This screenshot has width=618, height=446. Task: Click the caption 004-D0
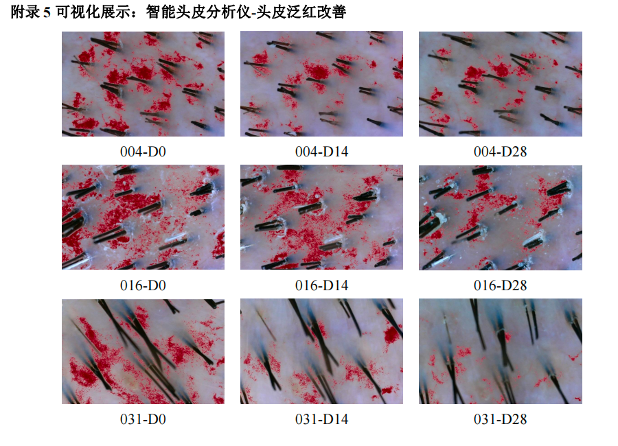pos(143,152)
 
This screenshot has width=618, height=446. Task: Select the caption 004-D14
pos(321,152)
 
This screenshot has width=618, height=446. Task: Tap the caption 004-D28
pos(500,152)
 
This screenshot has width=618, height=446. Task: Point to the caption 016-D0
pos(143,285)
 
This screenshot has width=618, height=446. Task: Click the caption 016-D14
pos(321,285)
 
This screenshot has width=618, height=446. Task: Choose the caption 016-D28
pos(500,285)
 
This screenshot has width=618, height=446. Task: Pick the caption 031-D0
pos(143,419)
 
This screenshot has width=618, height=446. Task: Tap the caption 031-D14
pos(321,419)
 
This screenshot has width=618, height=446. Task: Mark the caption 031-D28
pos(500,419)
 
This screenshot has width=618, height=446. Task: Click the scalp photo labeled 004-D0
pos(143,84)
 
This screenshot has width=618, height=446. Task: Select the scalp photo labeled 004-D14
pos(321,84)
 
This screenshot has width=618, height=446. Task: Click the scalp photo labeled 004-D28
pos(501,84)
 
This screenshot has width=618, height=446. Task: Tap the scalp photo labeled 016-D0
pos(143,218)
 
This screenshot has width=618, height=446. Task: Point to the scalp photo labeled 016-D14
pos(321,218)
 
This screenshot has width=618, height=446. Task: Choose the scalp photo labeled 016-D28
pos(501,218)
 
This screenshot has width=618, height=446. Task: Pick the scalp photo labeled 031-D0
pos(143,351)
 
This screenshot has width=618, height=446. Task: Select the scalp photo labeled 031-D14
pos(321,351)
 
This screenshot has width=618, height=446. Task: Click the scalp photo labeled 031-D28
pos(501,351)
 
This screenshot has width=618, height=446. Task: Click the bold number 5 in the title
pos(47,12)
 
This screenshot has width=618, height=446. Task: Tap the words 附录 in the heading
pos(25,12)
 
